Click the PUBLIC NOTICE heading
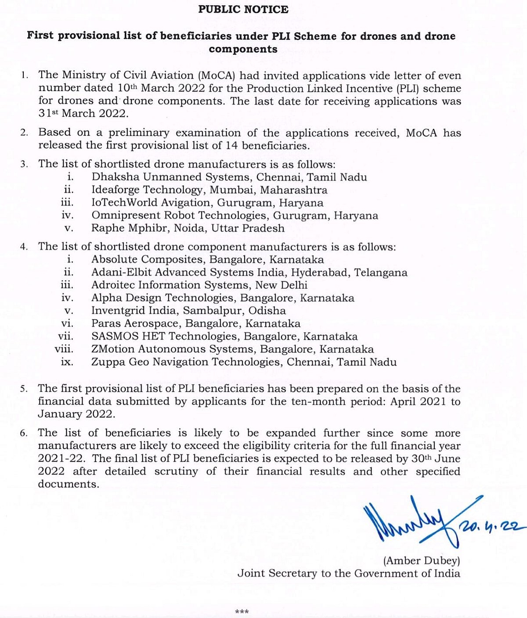point(243,9)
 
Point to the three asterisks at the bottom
point(242,611)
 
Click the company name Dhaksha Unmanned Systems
point(171,177)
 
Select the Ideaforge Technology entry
point(147,190)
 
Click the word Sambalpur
point(213,311)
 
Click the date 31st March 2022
point(83,113)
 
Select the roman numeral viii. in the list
point(64,349)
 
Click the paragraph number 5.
point(24,389)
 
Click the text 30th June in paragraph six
point(434,459)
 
